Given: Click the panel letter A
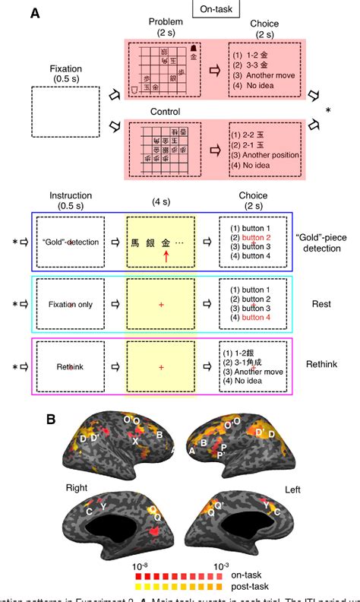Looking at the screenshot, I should [35, 14].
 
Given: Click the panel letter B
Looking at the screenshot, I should [52, 420].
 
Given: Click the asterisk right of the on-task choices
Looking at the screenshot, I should [327, 111].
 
